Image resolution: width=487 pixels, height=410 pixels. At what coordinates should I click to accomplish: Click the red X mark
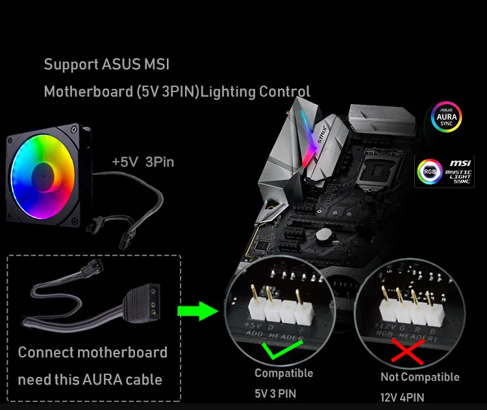[403, 353]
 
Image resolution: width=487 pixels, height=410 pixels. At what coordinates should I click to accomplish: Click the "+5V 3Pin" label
[143, 162]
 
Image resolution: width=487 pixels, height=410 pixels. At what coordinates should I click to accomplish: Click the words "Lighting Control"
[255, 91]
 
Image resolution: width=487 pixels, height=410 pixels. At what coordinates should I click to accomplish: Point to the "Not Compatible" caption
[419, 377]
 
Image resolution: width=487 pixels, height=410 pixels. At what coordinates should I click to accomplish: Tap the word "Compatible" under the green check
[284, 373]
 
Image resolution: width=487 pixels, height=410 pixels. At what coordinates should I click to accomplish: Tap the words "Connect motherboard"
[92, 353]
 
